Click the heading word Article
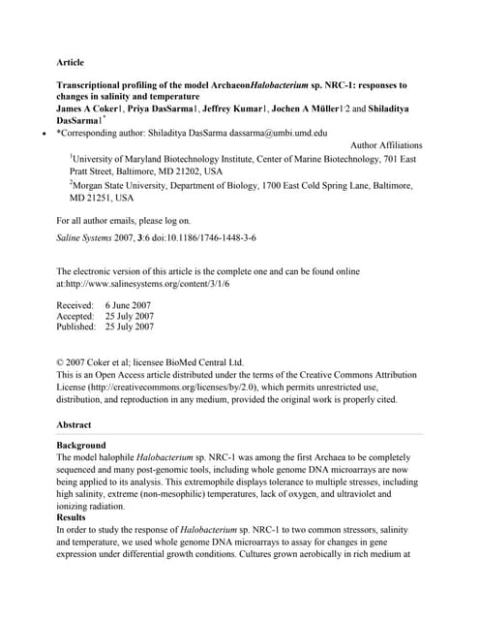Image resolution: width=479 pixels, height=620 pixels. point(71,62)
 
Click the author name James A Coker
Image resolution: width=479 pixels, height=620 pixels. point(95,111)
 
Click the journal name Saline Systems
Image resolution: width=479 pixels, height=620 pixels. point(88,237)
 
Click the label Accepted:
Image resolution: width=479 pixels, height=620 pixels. point(75,316)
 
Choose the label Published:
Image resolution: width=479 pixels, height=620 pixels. point(77,327)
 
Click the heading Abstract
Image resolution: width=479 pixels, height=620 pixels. point(74,424)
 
